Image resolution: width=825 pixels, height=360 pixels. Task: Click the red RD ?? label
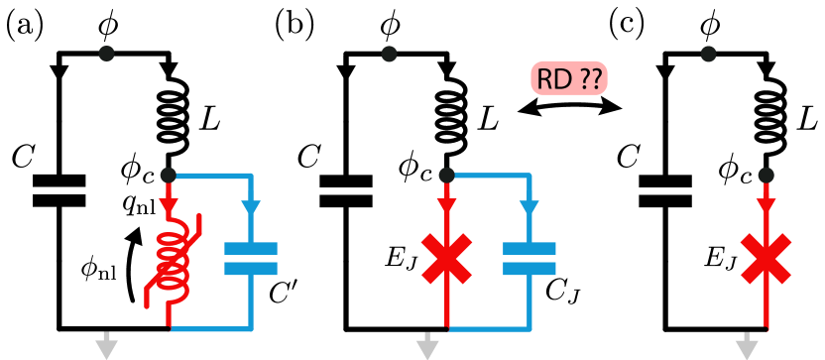[569, 78]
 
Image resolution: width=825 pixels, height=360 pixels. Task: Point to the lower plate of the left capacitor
[251, 269]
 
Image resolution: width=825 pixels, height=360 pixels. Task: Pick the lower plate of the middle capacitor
[530, 269]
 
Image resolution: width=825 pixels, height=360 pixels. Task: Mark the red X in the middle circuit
[447, 259]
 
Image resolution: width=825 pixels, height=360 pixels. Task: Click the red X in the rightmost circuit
[766, 259]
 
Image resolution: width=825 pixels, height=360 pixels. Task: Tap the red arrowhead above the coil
[169, 206]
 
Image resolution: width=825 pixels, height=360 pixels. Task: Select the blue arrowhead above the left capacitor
[251, 208]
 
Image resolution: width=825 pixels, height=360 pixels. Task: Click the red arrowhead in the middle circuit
[447, 206]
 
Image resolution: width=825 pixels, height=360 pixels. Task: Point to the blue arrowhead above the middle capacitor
[530, 208]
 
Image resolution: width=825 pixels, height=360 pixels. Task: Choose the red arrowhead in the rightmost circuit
[766, 206]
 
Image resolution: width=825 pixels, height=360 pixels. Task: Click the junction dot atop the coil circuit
[168, 176]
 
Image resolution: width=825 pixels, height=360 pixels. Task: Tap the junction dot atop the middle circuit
[446, 176]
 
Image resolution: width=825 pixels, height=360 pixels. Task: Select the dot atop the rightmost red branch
[766, 176]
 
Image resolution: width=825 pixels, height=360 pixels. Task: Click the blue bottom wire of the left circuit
[210, 328]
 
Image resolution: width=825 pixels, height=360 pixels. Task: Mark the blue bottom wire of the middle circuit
[489, 328]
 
